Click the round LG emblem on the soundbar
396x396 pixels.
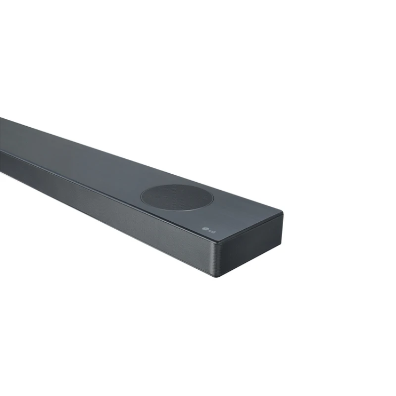[x=204, y=229]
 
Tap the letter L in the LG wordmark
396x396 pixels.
[x=209, y=231]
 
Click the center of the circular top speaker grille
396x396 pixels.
[x=177, y=198]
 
